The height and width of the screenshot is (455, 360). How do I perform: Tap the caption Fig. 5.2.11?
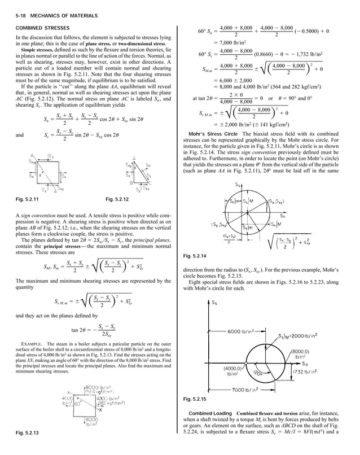pos(27,199)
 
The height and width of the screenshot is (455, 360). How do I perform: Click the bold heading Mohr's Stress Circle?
pos(213,133)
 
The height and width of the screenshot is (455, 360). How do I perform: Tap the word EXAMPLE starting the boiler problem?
pos(33,343)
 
